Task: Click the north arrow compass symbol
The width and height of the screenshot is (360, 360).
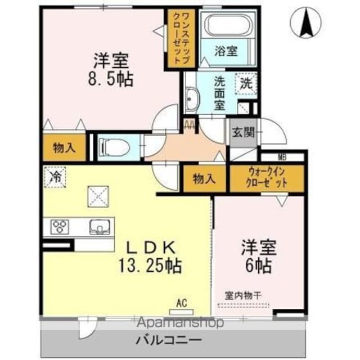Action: pyautogui.click(x=305, y=22)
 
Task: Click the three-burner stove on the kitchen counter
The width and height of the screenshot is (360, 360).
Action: pyautogui.click(x=60, y=227)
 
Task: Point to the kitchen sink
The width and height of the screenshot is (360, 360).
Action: pyautogui.click(x=100, y=227)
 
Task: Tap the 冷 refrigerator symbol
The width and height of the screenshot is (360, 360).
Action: pyautogui.click(x=55, y=177)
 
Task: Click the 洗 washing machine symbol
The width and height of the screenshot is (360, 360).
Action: pyautogui.click(x=246, y=84)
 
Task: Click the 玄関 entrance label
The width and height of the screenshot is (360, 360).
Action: pyautogui.click(x=244, y=133)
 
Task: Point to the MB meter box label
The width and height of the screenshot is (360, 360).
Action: pyautogui.click(x=282, y=157)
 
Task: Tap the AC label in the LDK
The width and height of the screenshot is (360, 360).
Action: pyautogui.click(x=182, y=303)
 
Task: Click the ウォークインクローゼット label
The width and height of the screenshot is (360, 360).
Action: pyautogui.click(x=267, y=178)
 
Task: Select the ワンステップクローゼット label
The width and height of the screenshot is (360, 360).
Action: pyautogui.click(x=182, y=39)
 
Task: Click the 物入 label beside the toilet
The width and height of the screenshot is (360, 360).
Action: pyautogui.click(x=64, y=147)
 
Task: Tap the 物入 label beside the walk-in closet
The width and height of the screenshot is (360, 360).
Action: pyautogui.click(x=204, y=179)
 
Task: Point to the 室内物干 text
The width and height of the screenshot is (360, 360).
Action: pyautogui.click(x=243, y=296)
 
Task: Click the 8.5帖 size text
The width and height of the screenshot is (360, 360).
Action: pyautogui.click(x=111, y=79)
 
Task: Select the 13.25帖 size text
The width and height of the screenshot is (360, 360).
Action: pyautogui.click(x=150, y=265)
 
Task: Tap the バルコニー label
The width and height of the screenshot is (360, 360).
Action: pyautogui.click(x=169, y=340)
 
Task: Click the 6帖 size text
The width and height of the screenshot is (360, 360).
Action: pyautogui.click(x=259, y=266)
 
